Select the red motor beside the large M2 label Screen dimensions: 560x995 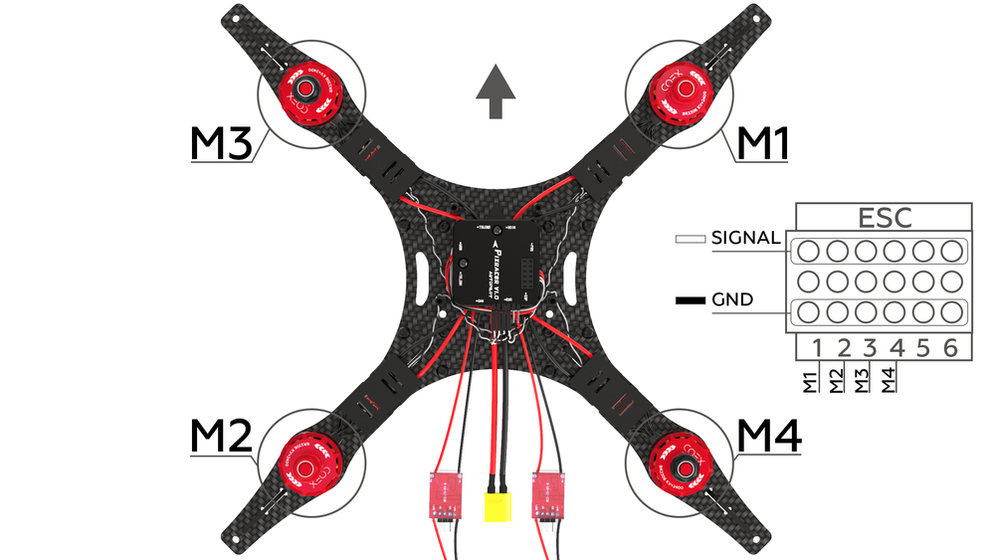pyautogui.click(x=311, y=461)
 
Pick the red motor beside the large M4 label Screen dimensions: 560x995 pyautogui.click(x=684, y=461)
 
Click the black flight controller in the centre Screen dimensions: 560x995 pyautogui.click(x=497, y=261)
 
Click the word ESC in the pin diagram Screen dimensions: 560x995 pyautogui.click(x=885, y=218)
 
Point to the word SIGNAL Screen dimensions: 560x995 pyautogui.click(x=746, y=238)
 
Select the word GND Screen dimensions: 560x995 pyautogui.click(x=732, y=299)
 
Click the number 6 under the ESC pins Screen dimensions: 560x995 pyautogui.click(x=950, y=347)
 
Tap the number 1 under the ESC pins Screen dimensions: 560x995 pyautogui.click(x=816, y=347)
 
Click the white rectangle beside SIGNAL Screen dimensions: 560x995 pyautogui.click(x=690, y=239)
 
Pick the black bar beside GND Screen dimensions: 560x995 pyautogui.click(x=690, y=299)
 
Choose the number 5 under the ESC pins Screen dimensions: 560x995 pyautogui.click(x=923, y=347)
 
